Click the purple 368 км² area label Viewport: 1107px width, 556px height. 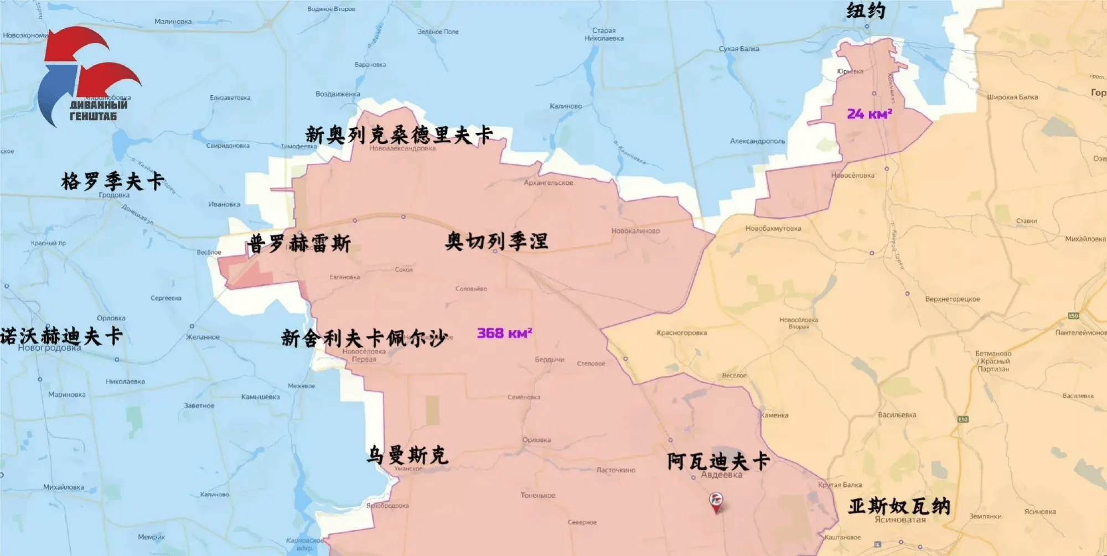(x=504, y=333)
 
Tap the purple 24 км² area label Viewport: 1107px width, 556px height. (x=869, y=114)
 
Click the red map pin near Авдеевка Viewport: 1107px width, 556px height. (x=716, y=502)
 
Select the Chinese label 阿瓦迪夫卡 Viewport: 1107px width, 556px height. (x=718, y=461)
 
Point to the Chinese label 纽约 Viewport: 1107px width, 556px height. (x=866, y=10)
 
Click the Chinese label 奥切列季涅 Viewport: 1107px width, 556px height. (x=496, y=241)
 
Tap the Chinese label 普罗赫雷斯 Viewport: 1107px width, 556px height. (x=299, y=243)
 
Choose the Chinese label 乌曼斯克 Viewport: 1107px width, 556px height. (x=407, y=455)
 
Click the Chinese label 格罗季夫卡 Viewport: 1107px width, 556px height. (x=112, y=181)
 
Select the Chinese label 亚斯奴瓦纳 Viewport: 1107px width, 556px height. (x=899, y=506)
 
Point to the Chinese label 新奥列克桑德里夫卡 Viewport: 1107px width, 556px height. (x=399, y=134)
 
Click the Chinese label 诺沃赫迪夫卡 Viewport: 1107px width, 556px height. (x=61, y=336)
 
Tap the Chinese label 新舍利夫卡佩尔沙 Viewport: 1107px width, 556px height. (x=364, y=337)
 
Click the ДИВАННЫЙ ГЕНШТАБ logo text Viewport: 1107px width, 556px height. (x=98, y=110)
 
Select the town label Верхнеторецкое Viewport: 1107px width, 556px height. (x=952, y=299)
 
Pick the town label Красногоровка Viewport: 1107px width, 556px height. (x=681, y=333)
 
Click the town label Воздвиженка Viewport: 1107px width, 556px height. (x=338, y=94)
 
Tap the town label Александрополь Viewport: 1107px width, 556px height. (x=757, y=141)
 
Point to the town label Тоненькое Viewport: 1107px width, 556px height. (x=537, y=496)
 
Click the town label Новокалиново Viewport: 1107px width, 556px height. (x=635, y=231)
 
